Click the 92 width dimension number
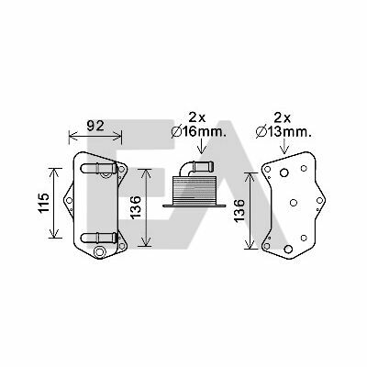pos(95,126)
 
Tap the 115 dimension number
pos(44,203)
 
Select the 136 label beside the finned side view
pos(135,207)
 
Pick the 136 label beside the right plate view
pos(239,210)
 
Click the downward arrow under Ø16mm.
pos(202,146)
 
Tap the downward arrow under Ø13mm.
pos(284,146)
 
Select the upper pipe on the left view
pos(98,168)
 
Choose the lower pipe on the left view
pos(98,238)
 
